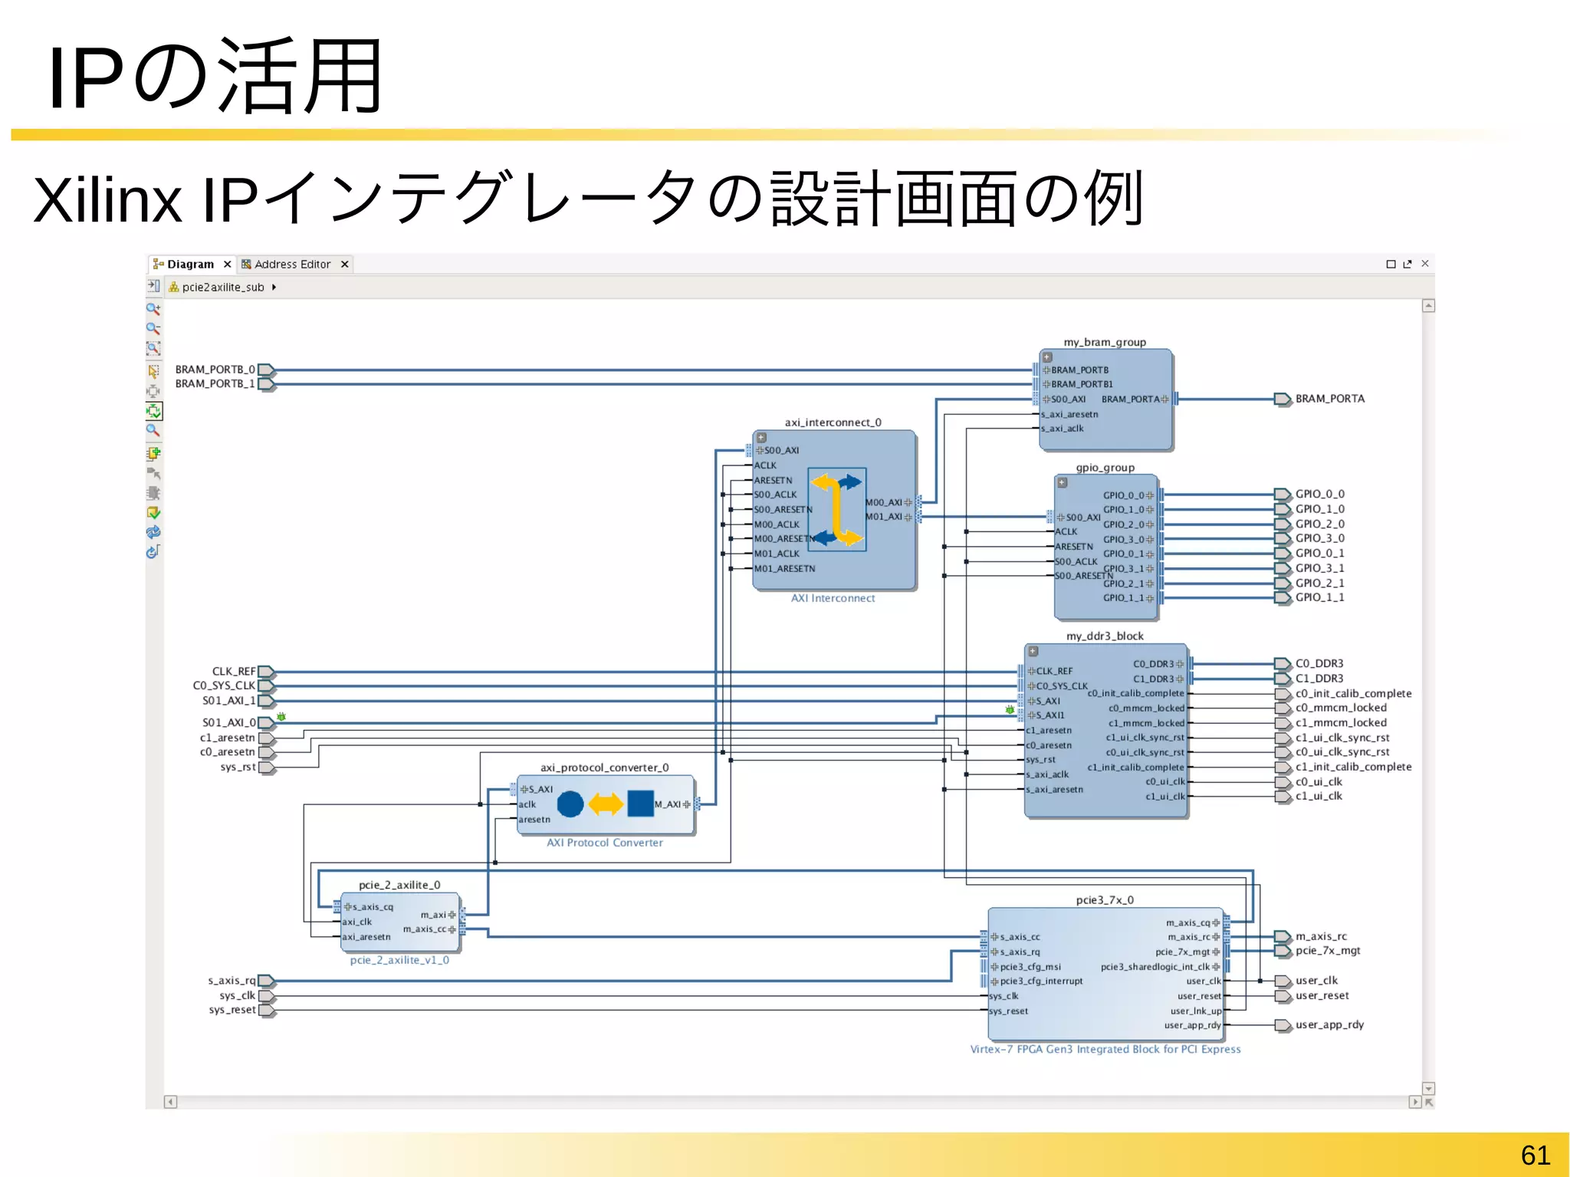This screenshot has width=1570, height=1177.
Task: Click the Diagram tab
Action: [189, 264]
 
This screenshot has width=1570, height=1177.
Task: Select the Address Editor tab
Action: [291, 264]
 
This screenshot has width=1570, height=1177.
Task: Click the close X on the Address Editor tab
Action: [345, 264]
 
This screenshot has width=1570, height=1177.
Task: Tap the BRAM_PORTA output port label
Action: [1329, 399]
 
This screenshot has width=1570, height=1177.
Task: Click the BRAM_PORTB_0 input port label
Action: [215, 370]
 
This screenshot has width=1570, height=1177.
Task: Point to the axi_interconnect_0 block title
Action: [833, 422]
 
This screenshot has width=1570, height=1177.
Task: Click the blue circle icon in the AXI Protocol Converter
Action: [570, 804]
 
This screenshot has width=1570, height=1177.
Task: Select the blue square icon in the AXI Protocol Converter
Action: [640, 804]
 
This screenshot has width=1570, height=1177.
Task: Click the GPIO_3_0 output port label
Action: [1319, 538]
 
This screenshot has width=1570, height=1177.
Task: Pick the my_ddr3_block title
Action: [1105, 636]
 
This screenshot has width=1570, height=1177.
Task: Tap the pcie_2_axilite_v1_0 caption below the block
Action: [399, 960]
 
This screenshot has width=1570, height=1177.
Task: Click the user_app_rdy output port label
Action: [1329, 1024]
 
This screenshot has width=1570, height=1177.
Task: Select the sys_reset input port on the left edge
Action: [232, 1010]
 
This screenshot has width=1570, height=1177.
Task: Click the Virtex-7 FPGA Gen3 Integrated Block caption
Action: [1105, 1049]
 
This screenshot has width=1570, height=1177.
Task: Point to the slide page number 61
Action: [1535, 1155]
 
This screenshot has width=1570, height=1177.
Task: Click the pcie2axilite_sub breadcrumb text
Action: [222, 287]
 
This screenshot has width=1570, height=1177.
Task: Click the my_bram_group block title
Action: [1105, 342]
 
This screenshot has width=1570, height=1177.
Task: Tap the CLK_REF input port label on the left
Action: [233, 671]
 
